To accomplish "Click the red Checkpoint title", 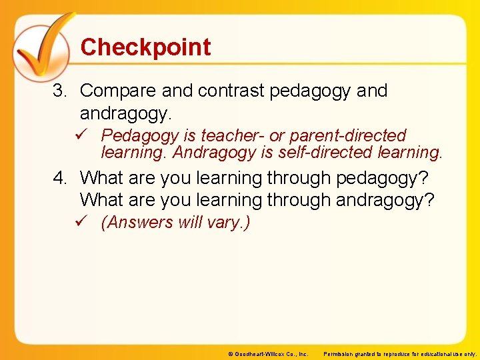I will pyautogui.click(x=145, y=47).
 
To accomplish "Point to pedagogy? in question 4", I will pyautogui.click(x=383, y=179).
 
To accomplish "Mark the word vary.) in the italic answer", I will pyautogui.click(x=230, y=223).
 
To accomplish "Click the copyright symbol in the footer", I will pyautogui.click(x=231, y=354).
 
